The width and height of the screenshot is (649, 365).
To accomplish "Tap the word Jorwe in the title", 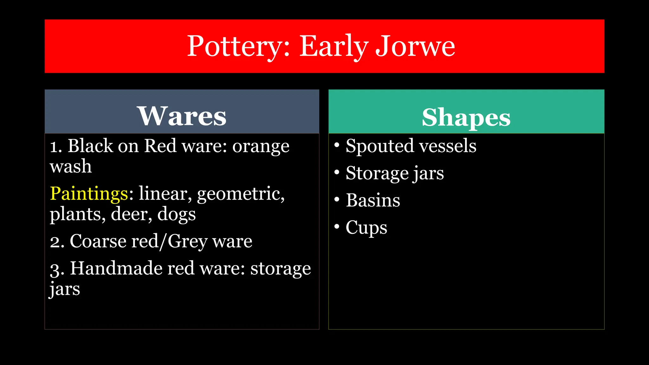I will click(415, 47).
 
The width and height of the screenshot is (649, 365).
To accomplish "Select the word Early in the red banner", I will click(333, 47).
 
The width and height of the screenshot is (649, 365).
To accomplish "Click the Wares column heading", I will click(182, 116).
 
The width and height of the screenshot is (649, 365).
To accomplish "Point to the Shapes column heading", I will click(466, 117).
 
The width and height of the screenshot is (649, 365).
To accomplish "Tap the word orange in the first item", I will click(261, 146).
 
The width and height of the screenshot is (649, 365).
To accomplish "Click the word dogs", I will click(177, 215).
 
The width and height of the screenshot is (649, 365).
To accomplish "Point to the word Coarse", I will click(98, 241).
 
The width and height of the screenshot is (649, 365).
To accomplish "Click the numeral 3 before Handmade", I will click(55, 270).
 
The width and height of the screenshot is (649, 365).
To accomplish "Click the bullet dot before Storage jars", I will click(337, 172).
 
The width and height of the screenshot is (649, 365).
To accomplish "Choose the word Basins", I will click(373, 200).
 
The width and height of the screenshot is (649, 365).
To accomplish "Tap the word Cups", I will click(366, 228).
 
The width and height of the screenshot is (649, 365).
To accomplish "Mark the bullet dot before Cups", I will click(337, 227).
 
